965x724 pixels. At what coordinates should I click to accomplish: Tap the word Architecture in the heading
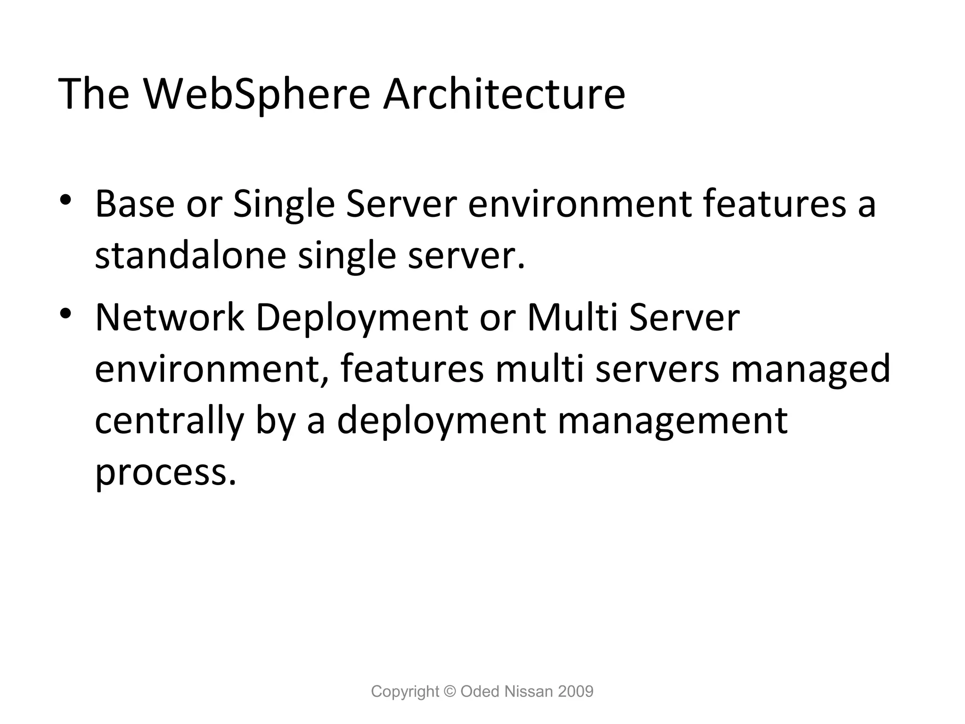(504, 94)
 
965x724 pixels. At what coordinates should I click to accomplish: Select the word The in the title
(93, 94)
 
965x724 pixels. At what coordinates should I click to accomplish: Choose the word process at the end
(165, 472)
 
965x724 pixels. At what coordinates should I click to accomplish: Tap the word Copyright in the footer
(405, 691)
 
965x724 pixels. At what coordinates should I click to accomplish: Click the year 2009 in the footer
(575, 691)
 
